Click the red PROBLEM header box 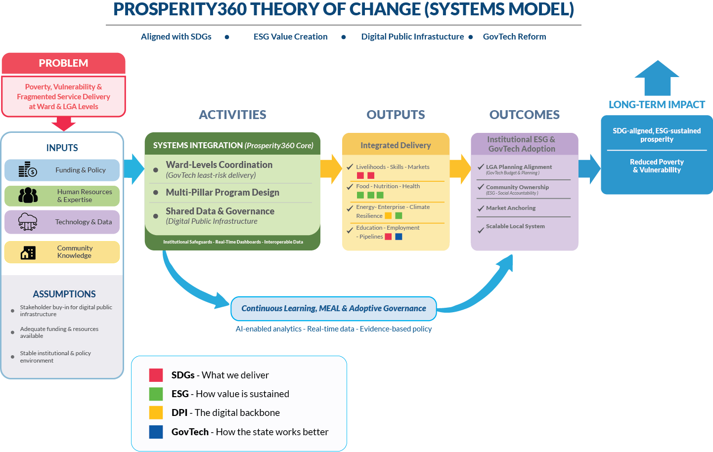[63, 63]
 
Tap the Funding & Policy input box [62, 170]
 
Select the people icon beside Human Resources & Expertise [28, 196]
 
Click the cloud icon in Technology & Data [28, 222]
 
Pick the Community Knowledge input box [62, 252]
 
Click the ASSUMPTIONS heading [64, 294]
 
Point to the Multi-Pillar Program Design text [223, 193]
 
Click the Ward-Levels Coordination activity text [219, 164]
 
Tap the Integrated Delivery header [396, 145]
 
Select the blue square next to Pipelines [399, 237]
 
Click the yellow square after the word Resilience [388, 216]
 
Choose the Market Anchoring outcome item [511, 208]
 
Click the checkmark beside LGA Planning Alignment [481, 167]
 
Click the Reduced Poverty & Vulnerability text [657, 166]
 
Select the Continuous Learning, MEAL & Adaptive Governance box [334, 308]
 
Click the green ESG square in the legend [156, 394]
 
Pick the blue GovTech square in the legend [156, 432]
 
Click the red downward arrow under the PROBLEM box [63, 123]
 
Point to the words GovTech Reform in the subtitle [514, 37]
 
